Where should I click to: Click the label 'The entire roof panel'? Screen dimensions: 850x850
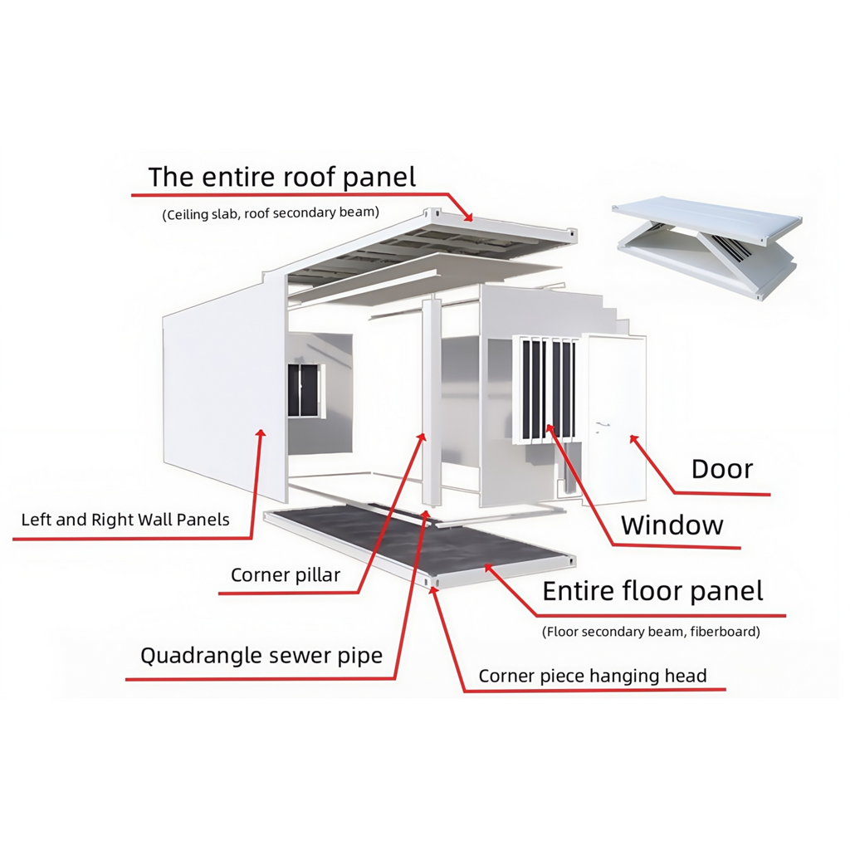[282, 178]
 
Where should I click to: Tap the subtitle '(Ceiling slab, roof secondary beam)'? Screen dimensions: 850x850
[271, 213]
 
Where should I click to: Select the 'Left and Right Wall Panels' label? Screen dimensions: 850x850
[125, 520]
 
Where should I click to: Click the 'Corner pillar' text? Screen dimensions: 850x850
[286, 575]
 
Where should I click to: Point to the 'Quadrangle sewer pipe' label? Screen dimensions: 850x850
[261, 656]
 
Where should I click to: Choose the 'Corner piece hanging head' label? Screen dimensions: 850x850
[593, 676]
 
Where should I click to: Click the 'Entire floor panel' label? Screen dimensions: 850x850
[652, 591]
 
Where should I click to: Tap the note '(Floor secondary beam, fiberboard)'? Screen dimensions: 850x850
[651, 632]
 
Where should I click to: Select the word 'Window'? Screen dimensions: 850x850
[672, 525]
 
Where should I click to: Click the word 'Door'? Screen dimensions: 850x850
[722, 469]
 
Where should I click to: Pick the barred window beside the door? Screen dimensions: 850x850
[546, 389]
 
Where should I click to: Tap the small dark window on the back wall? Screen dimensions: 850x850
[303, 390]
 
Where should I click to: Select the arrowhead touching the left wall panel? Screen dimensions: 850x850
[261, 434]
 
